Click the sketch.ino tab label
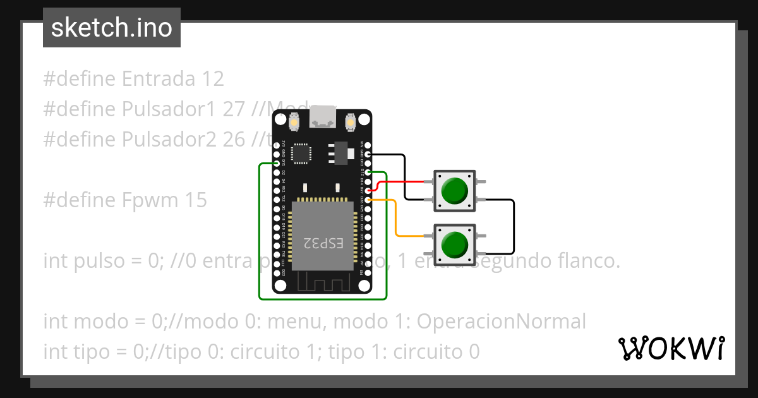(x=112, y=28)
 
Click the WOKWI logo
(x=671, y=348)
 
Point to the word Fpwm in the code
(x=151, y=200)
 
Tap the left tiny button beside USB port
(x=294, y=120)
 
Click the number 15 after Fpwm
(x=196, y=200)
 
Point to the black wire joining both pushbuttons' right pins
(x=514, y=224)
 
